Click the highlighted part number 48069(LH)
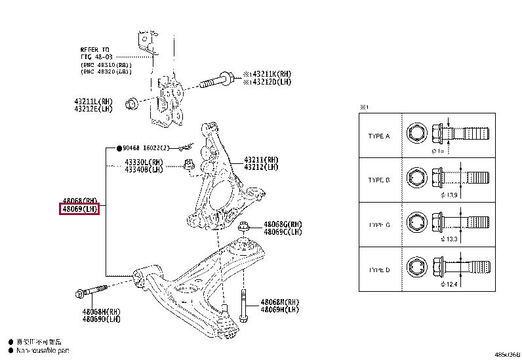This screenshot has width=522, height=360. pyautogui.click(x=79, y=209)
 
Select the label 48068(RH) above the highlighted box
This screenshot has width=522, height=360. pyautogui.click(x=80, y=200)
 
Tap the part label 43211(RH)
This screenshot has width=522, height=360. pyautogui.click(x=261, y=159)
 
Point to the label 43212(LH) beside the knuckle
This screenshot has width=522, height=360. pyautogui.click(x=261, y=167)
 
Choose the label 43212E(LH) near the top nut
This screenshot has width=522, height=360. pyautogui.click(x=93, y=109)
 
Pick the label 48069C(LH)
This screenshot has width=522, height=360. pyautogui.click(x=283, y=231)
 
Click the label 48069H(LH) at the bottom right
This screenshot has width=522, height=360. pyautogui.click(x=279, y=310)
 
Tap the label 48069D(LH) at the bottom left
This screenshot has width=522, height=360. pyautogui.click(x=101, y=319)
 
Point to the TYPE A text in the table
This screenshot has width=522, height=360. pyautogui.click(x=379, y=136)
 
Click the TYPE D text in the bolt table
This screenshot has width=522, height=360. pyautogui.click(x=379, y=270)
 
